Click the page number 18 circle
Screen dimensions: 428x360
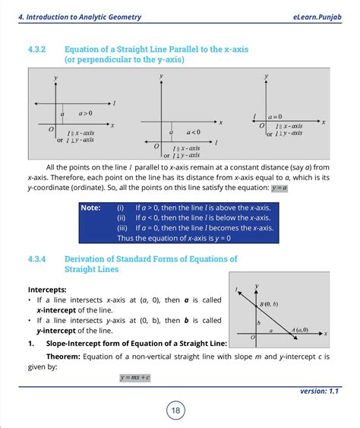pos(175,411)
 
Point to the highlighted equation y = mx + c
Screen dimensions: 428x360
pos(135,378)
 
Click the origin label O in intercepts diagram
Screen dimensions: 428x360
pos(252,336)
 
